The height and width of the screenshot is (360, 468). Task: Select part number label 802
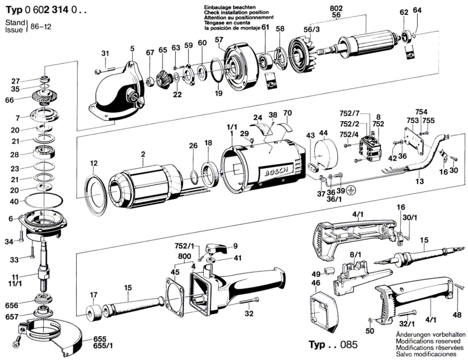tap(336, 8)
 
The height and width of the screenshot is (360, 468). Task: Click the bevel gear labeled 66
tap(44, 98)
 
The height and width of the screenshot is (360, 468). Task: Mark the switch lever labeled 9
tap(218, 249)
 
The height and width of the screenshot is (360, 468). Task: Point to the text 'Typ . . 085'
tap(333, 344)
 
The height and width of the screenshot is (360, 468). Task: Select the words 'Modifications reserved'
tap(428, 341)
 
